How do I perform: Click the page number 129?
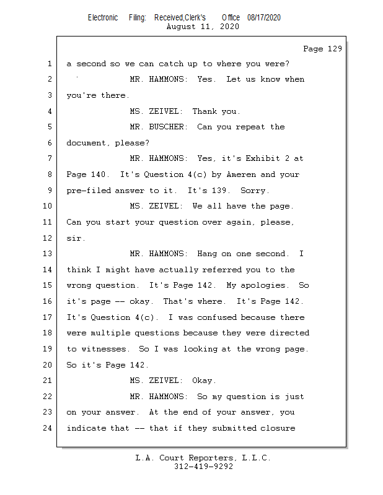(335, 49)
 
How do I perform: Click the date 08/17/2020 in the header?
(264, 18)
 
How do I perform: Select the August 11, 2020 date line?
(203, 27)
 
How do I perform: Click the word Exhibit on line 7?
(263, 158)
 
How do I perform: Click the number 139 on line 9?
(221, 191)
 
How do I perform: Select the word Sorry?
(255, 191)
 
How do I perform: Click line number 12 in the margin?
(47, 238)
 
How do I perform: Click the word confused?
(217, 317)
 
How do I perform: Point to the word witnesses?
(105, 349)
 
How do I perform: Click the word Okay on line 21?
(204, 381)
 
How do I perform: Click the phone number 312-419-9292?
(203, 467)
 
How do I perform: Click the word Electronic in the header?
(103, 18)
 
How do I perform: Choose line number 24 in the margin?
(47, 428)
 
